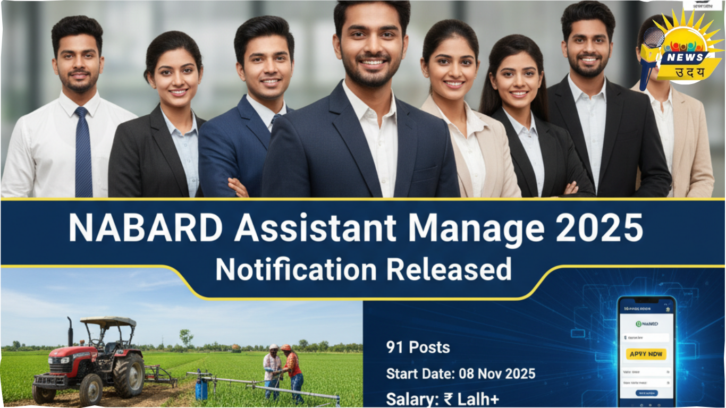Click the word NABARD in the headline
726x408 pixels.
click(x=145, y=228)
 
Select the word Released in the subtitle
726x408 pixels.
click(x=449, y=269)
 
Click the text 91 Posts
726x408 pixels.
click(x=418, y=348)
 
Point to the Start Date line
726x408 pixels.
click(x=460, y=373)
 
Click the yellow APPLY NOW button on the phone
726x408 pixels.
click(x=646, y=354)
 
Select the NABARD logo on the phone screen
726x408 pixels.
click(x=647, y=324)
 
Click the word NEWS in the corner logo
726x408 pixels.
click(x=686, y=57)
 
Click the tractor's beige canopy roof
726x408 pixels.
click(x=108, y=322)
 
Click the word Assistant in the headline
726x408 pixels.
click(x=315, y=228)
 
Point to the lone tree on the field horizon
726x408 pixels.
click(x=186, y=337)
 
